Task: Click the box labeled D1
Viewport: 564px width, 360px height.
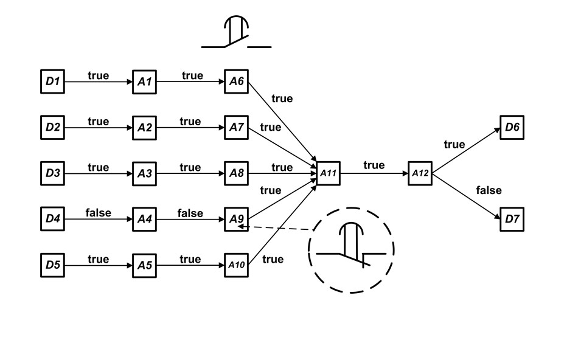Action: pos(52,81)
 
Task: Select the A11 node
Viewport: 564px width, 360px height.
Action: pos(328,173)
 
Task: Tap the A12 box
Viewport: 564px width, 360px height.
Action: pos(420,173)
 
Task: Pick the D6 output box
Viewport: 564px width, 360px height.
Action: pos(512,127)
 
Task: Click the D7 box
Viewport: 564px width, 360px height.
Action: pos(512,219)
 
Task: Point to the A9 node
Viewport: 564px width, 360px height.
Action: pos(237,219)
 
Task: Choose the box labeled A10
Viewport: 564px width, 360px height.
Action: pos(237,265)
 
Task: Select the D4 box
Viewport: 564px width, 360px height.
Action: pos(52,219)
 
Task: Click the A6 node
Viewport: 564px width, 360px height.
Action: pos(237,81)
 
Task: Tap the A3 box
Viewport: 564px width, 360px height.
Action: pos(145,173)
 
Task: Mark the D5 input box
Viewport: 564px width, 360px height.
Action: pos(52,265)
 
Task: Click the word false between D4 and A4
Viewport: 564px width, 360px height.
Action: pos(98,213)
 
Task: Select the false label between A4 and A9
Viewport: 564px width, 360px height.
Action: pos(190,213)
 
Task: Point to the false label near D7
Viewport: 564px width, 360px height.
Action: pos(489,190)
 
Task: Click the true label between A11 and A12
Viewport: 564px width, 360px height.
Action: pos(374,165)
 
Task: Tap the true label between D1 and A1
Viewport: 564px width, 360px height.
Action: pos(98,75)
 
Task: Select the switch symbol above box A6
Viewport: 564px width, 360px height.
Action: pos(236,33)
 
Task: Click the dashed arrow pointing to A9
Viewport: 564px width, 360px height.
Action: pos(277,229)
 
